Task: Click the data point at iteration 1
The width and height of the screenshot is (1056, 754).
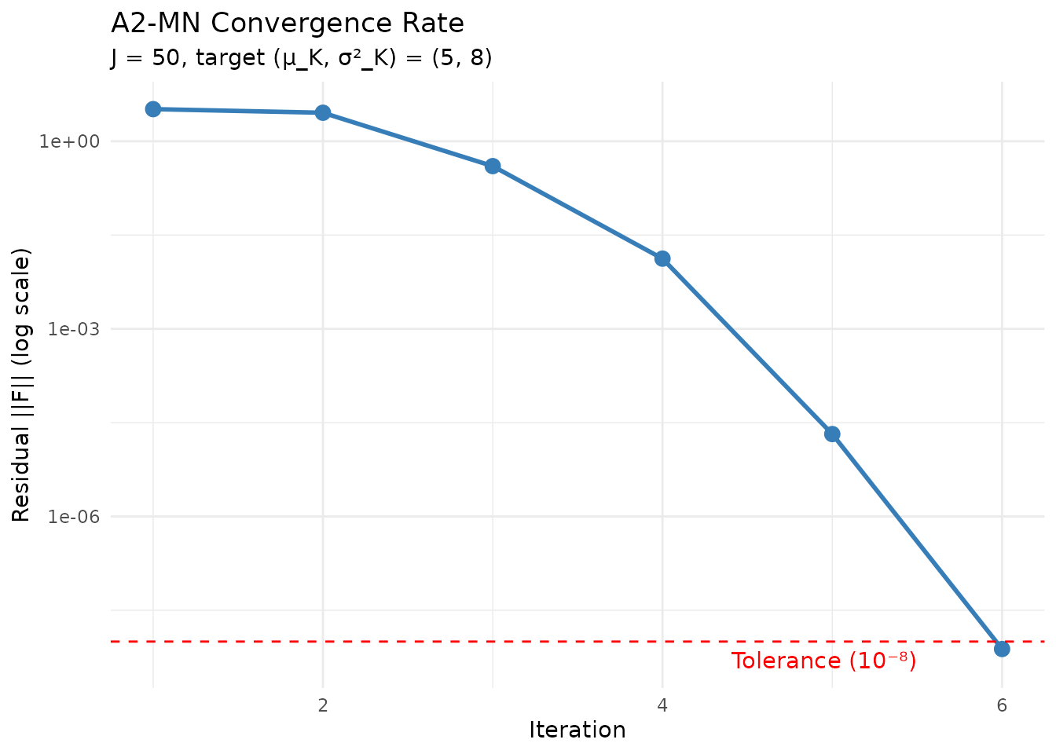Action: coord(153,108)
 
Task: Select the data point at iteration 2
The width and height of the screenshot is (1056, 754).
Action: coord(322,112)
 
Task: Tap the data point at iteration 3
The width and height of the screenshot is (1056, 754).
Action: coord(493,166)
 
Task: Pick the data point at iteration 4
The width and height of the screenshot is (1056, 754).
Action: coord(662,258)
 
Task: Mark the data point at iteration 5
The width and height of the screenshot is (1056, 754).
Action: coord(832,434)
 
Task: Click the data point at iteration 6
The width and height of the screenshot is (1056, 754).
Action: coord(1002,649)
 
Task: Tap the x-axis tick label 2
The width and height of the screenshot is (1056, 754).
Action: coord(322,705)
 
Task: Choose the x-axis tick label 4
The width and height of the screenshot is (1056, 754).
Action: coord(662,705)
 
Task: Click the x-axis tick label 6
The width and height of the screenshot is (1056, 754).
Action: coord(1002,705)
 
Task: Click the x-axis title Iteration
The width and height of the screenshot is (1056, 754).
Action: coord(577,730)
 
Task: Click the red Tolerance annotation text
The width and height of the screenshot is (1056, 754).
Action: coord(823,661)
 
